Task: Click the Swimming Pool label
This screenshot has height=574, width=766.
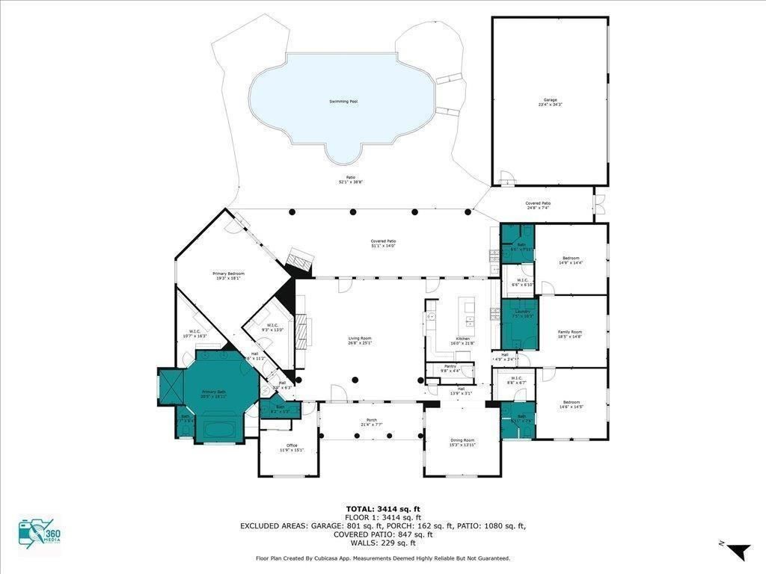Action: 343,101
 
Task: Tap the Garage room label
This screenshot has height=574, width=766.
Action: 550,102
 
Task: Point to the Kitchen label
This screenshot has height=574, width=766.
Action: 463,341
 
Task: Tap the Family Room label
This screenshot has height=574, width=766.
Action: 570,334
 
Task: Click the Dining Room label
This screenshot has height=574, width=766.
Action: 462,442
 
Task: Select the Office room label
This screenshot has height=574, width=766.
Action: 292,448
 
